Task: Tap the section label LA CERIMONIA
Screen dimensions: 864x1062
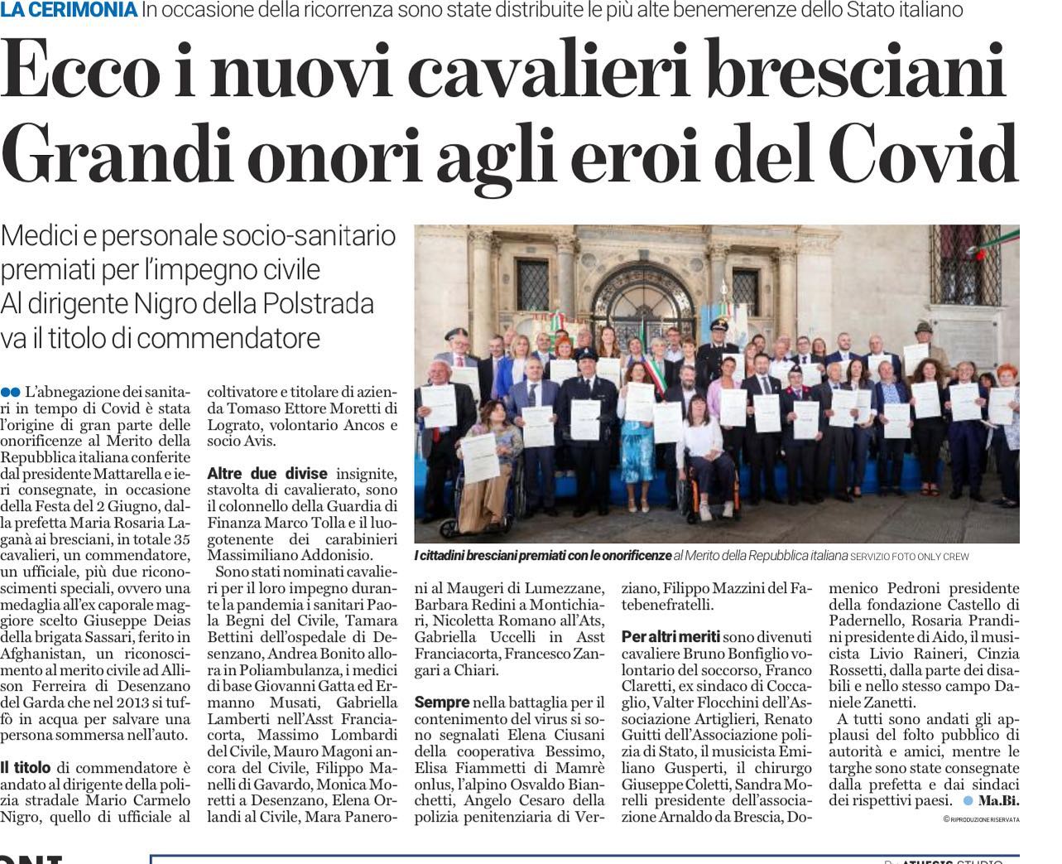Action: point(69,10)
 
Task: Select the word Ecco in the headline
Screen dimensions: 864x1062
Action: point(80,73)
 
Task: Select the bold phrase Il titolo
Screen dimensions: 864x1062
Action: point(27,767)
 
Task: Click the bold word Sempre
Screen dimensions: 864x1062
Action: point(441,702)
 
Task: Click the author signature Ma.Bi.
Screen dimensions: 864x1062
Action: point(998,800)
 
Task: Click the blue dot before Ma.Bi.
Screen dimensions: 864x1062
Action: point(968,800)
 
